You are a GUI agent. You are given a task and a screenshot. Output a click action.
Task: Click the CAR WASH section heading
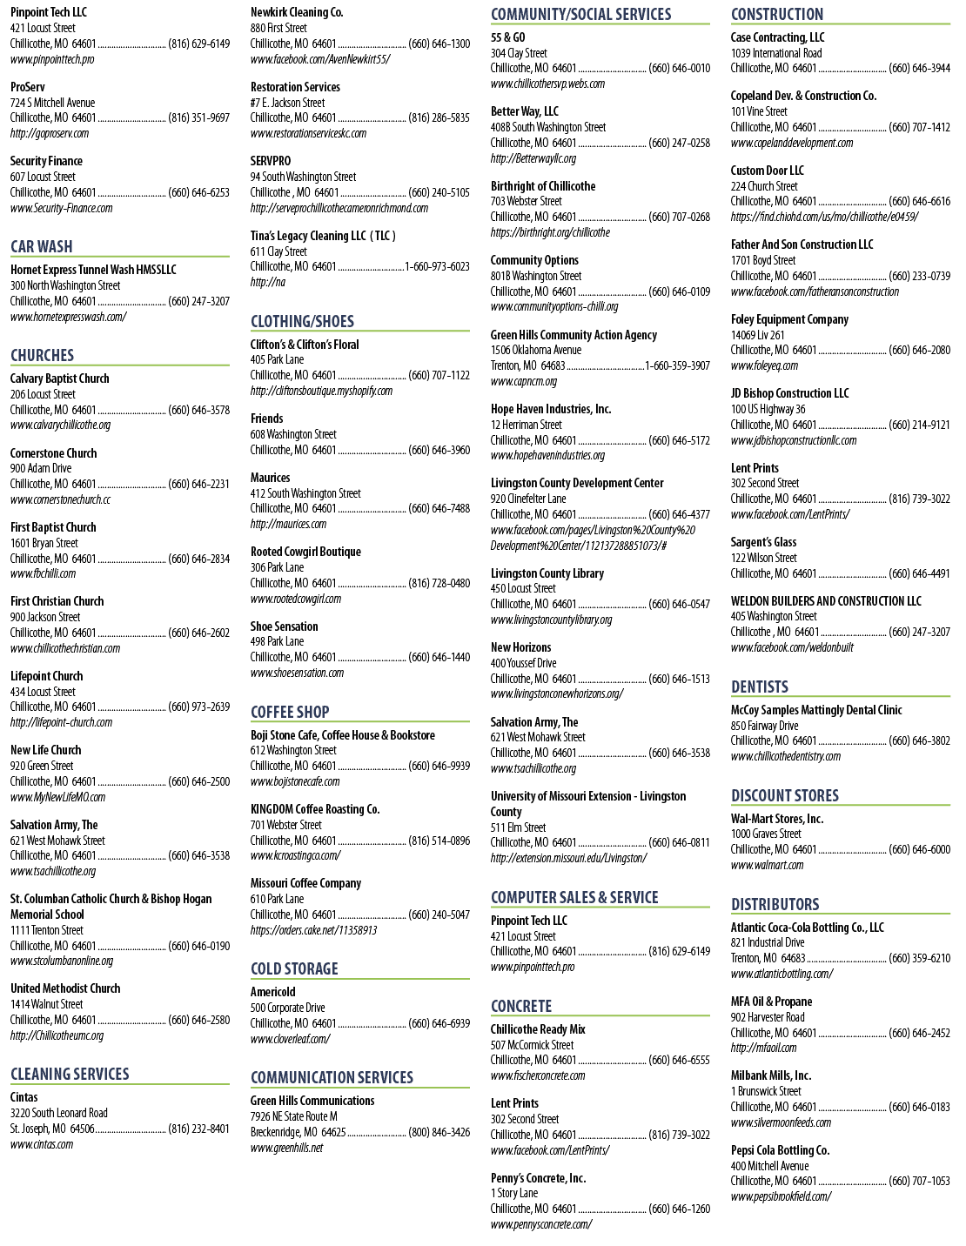coord(41,246)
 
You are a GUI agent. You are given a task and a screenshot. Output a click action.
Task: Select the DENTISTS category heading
coord(759,687)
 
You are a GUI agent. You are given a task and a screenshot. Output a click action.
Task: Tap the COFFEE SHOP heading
coord(290,712)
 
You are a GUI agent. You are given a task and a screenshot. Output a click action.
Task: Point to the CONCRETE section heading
coord(521,1006)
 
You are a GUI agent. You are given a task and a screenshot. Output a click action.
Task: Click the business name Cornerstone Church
coord(53,453)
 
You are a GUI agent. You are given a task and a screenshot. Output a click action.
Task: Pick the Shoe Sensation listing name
coord(284,626)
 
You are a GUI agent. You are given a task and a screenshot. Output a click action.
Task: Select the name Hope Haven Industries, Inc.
coord(550,409)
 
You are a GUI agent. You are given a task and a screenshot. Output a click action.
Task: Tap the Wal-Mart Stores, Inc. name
coord(777,819)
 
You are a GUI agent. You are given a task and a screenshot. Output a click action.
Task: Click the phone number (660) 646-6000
coord(919,849)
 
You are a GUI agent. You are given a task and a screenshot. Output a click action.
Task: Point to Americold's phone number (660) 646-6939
coord(439,1023)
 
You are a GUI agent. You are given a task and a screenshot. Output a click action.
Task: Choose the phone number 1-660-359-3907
coord(677,365)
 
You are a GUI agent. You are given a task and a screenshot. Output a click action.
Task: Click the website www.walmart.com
coord(767,865)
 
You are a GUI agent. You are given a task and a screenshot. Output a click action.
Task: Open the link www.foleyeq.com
coord(764,365)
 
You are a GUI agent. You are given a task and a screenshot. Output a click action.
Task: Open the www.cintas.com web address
coord(41,1144)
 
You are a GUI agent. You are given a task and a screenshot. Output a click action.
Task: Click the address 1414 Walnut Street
coord(46,1004)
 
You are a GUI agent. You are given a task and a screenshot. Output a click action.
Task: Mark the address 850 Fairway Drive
coord(764,726)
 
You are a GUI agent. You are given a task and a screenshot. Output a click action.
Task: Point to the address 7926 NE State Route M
coord(293,1116)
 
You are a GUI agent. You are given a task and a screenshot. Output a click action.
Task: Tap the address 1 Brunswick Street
coord(766,1091)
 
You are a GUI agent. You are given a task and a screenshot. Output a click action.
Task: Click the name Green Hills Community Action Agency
coord(574,335)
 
